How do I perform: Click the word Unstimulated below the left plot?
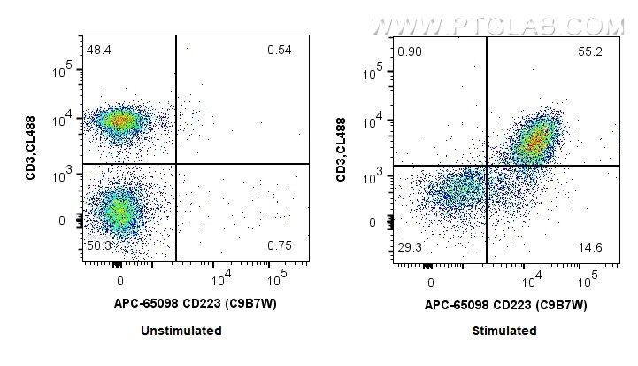coord(181,331)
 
